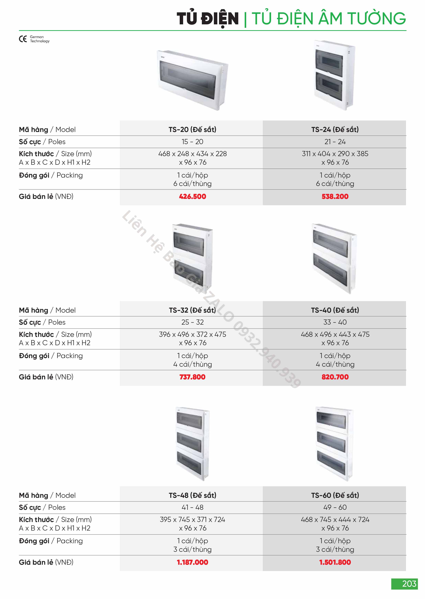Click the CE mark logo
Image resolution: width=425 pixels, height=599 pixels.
pyautogui.click(x=23, y=39)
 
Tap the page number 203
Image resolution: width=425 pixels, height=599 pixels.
pyautogui.click(x=409, y=584)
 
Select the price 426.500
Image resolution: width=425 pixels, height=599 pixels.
pyautogui.click(x=192, y=196)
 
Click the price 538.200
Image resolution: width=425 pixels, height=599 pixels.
pyautogui.click(x=335, y=196)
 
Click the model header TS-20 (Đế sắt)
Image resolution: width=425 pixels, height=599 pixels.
pyautogui.click(x=192, y=129)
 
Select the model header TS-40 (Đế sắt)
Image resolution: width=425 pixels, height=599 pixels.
pyautogui.click(x=335, y=310)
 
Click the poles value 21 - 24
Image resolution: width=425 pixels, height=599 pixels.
pyautogui.click(x=335, y=142)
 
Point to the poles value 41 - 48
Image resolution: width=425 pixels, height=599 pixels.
pyautogui.click(x=192, y=507)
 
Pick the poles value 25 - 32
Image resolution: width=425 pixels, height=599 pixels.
pyautogui.click(x=192, y=322)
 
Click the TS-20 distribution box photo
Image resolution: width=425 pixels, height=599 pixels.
pyautogui.click(x=192, y=80)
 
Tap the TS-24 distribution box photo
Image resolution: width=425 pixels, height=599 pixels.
pyautogui.click(x=334, y=75)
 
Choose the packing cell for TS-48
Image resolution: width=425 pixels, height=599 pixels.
pyautogui.click(x=192, y=545)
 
